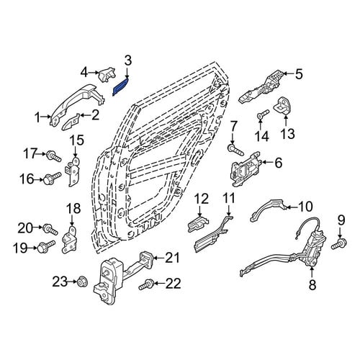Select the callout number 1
pyautogui.click(x=37, y=117)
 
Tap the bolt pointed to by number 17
pyautogui.click(x=54, y=156)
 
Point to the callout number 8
pyautogui.click(x=312, y=285)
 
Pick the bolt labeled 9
pyautogui.click(x=339, y=243)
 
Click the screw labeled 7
pyautogui.click(x=236, y=149)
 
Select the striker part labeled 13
pyautogui.click(x=284, y=106)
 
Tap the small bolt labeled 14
pyautogui.click(x=263, y=114)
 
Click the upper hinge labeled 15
pyautogui.click(x=73, y=171)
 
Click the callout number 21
pyautogui.click(x=171, y=258)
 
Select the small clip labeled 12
pyautogui.click(x=198, y=223)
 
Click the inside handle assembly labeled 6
pyautogui.click(x=246, y=168)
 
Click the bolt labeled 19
pyautogui.click(x=46, y=246)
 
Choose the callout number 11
pyautogui.click(x=229, y=199)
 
